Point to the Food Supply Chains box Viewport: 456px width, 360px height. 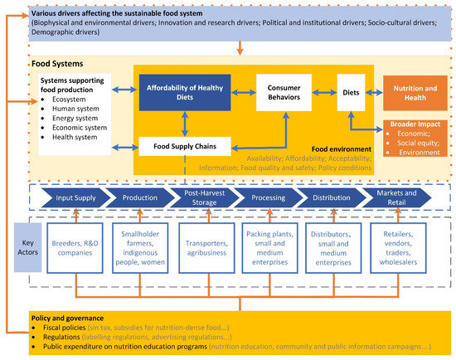[183, 147]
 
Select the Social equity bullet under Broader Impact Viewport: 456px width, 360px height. [415, 143]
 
